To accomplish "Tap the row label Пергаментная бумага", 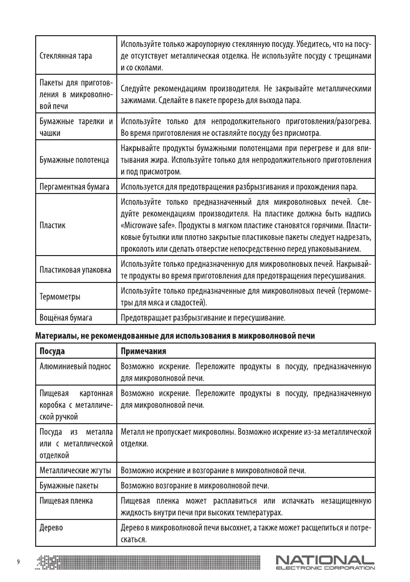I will click(73, 187).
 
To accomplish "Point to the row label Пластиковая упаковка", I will click(75, 270).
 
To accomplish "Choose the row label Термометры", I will click(60, 297).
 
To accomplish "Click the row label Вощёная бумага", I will click(66, 318).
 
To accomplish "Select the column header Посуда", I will click(52, 351).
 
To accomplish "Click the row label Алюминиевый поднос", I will click(75, 366).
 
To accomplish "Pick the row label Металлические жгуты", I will click(75, 471).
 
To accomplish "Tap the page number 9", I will click(19, 561).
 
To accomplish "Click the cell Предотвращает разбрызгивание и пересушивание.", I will click(202, 318).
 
